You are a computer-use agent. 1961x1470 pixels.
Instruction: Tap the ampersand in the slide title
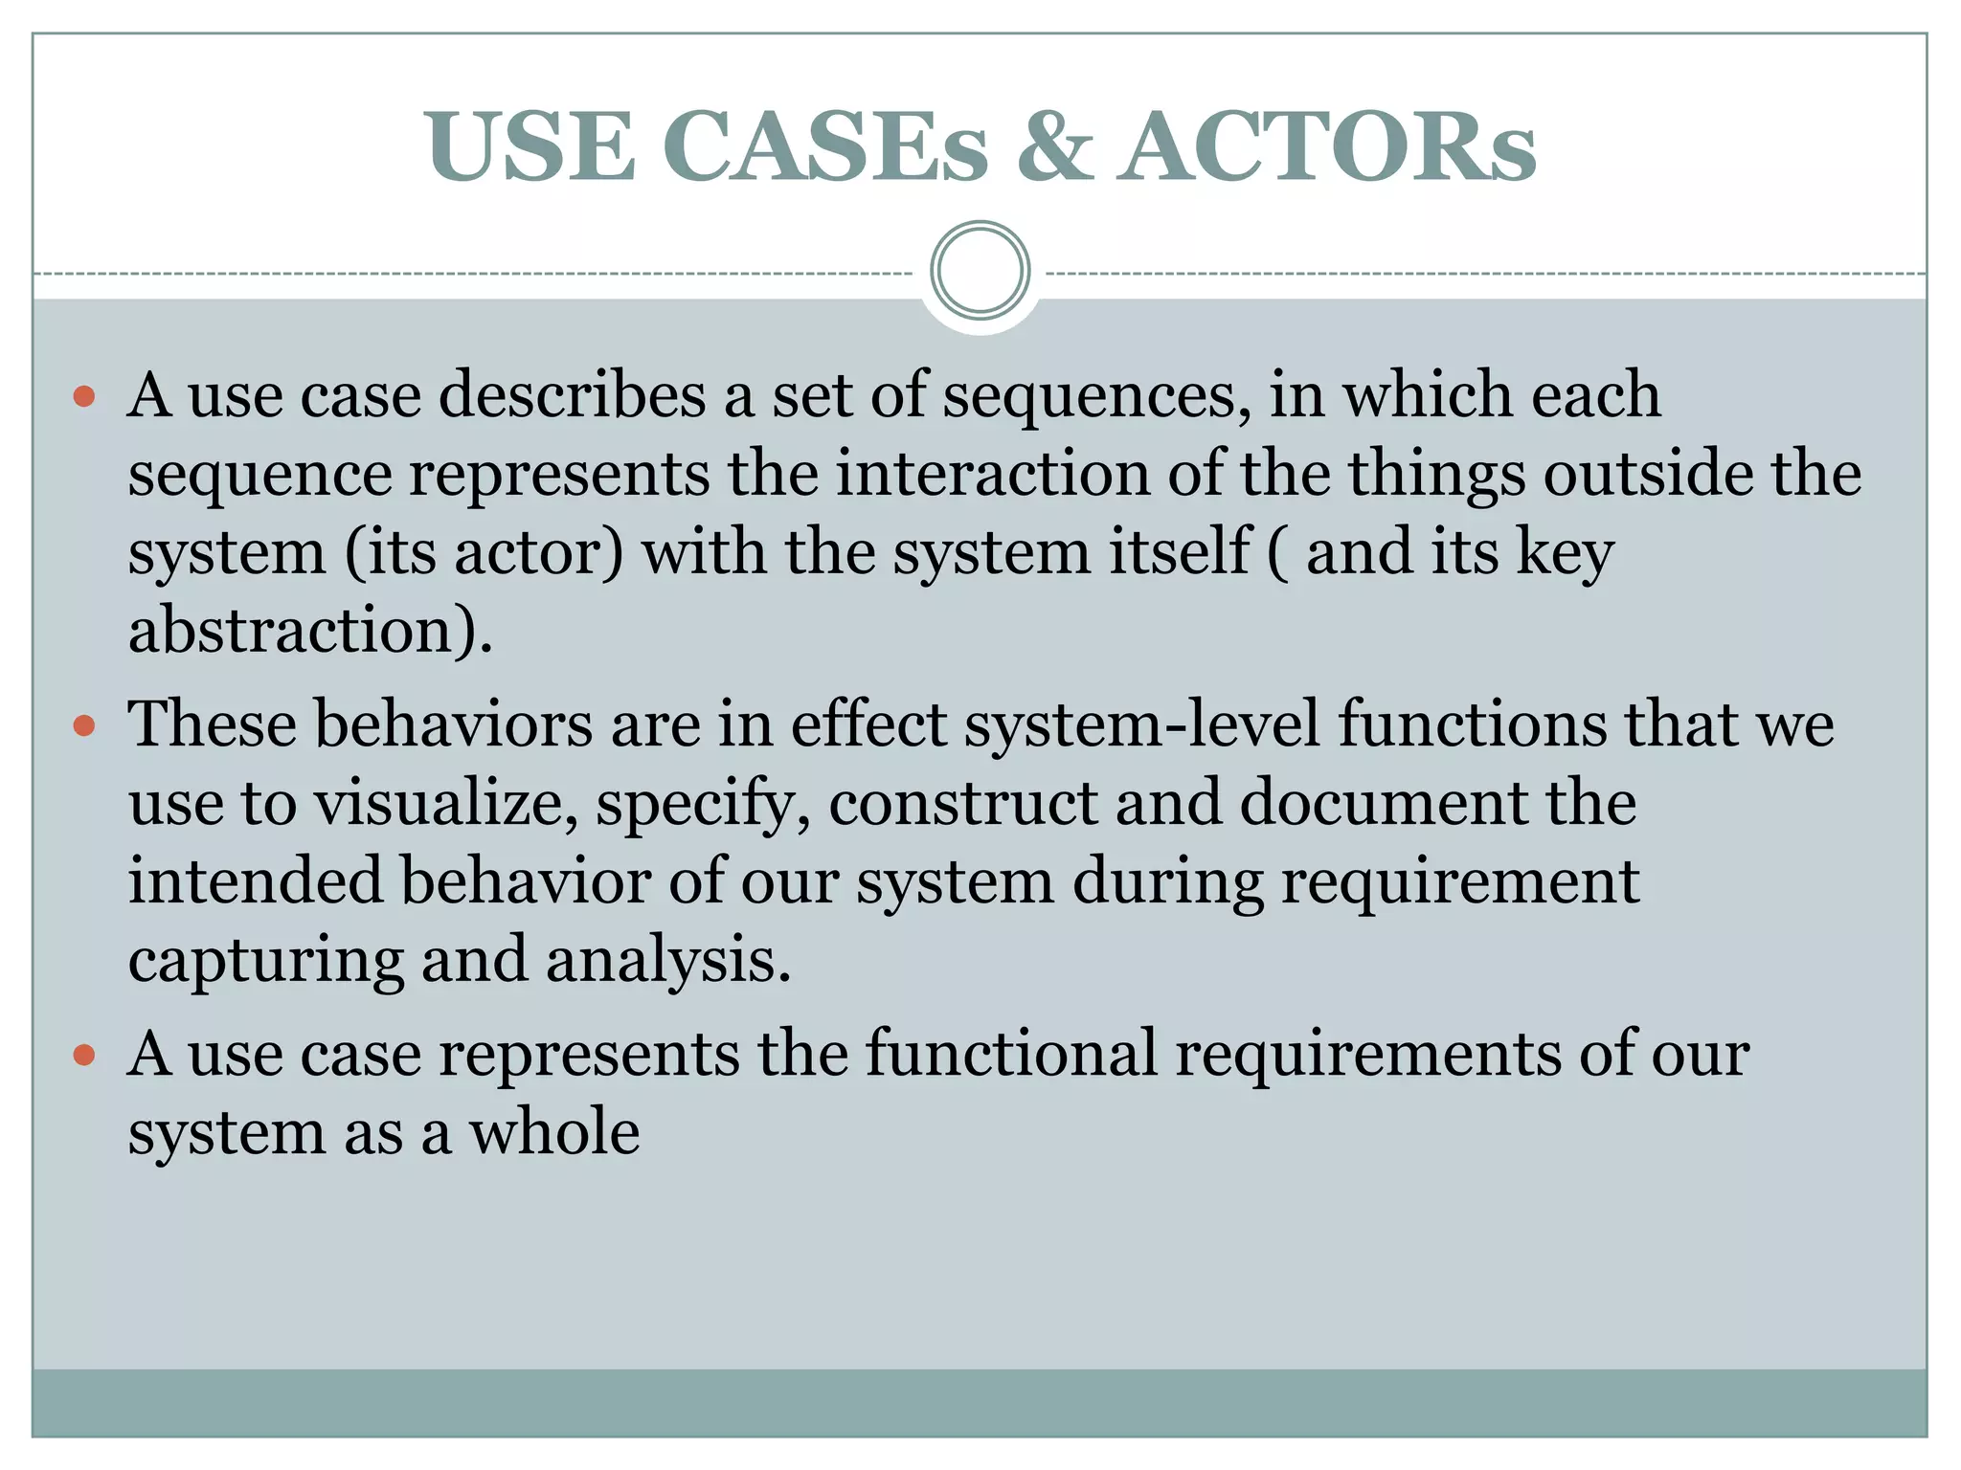pyautogui.click(x=1054, y=145)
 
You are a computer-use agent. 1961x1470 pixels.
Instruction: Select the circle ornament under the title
pyautogui.click(x=980, y=271)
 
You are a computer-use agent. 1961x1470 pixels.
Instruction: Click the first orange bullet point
pyautogui.click(x=84, y=395)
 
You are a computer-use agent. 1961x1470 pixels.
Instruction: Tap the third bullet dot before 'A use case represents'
pyautogui.click(x=84, y=1055)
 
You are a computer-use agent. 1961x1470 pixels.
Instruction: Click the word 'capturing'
pyautogui.click(x=266, y=960)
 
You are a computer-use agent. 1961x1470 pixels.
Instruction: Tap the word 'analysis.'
pyautogui.click(x=668, y=960)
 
